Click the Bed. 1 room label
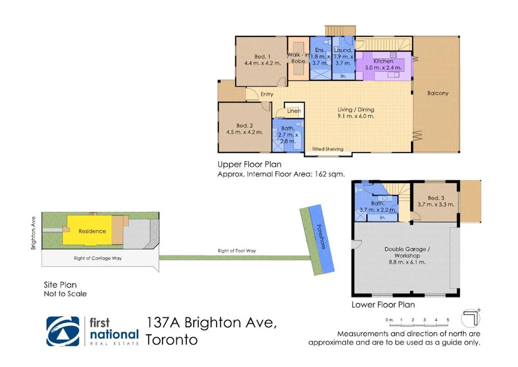[x=262, y=57]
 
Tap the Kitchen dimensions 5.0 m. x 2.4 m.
[x=383, y=68]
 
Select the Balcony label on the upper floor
[x=438, y=93]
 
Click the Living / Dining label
[x=356, y=109]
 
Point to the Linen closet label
[x=294, y=111]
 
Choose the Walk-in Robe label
[x=298, y=58]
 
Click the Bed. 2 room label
[x=245, y=126]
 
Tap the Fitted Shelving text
[x=328, y=149]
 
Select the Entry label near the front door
[x=267, y=94]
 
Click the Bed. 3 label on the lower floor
[x=436, y=198]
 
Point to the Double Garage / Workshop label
[x=407, y=252]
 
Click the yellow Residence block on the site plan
[x=92, y=231]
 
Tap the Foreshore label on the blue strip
[x=321, y=237]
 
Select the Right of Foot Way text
[x=237, y=251]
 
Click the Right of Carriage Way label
[x=98, y=258]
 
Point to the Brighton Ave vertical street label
[x=33, y=233]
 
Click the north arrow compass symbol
[x=471, y=318]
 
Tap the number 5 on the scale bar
[x=448, y=320]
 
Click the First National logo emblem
[x=63, y=331]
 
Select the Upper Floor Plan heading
[x=249, y=164]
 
